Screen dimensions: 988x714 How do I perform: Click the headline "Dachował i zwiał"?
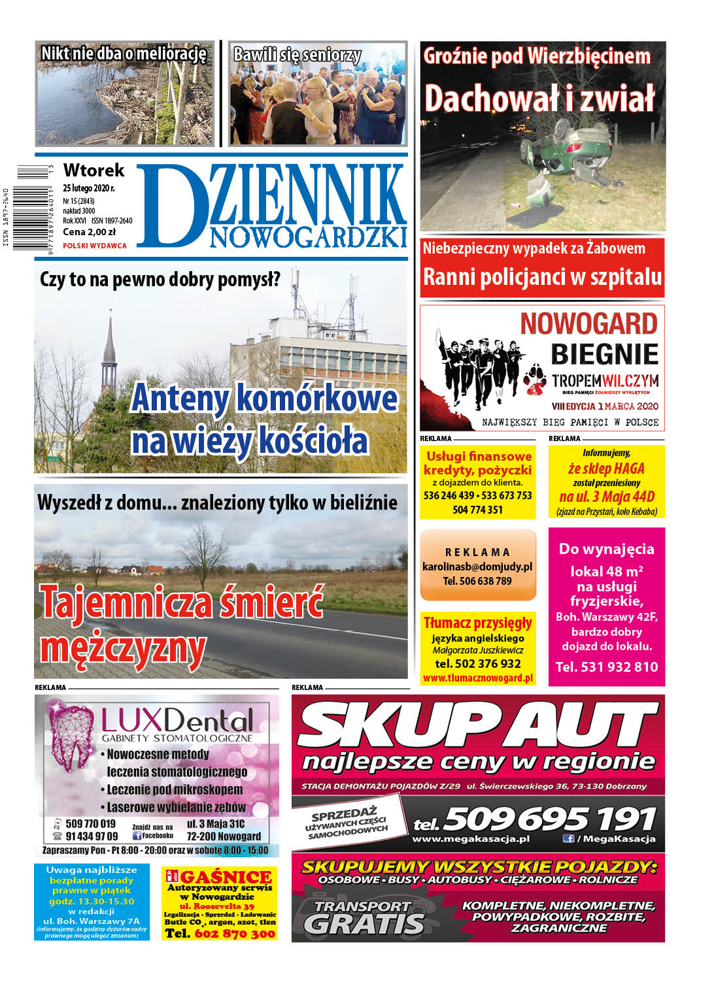(539, 99)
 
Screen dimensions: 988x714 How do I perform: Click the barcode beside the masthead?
(33, 208)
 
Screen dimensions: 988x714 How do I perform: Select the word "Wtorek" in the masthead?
(93, 171)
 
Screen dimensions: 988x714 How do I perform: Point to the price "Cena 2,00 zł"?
(89, 232)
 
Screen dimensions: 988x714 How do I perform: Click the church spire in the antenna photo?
(109, 353)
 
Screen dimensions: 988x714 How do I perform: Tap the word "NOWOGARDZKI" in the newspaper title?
(307, 237)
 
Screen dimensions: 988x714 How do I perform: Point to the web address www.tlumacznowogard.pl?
(477, 678)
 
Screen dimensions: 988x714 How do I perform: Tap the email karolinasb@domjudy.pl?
(477, 567)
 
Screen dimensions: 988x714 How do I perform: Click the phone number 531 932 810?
(607, 667)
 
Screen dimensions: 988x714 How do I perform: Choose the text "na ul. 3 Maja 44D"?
(607, 497)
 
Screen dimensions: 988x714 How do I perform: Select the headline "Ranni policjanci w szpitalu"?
(542, 276)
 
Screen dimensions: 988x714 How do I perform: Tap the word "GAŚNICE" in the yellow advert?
(226, 877)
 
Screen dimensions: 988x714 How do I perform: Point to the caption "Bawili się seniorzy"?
(297, 54)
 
